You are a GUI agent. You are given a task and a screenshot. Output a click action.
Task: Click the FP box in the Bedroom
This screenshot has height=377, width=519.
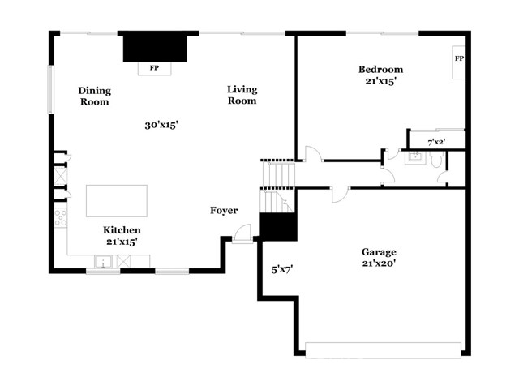[459, 62]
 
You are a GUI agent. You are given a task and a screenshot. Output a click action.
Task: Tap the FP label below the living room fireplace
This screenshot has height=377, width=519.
[154, 68]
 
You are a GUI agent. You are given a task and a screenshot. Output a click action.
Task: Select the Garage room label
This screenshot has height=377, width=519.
[379, 252]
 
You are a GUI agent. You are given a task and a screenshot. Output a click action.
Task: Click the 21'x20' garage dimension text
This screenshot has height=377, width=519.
[379, 263]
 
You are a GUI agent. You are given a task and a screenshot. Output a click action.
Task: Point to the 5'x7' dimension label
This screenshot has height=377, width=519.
[282, 270]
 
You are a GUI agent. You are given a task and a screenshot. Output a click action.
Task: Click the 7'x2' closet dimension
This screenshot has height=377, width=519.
[436, 143]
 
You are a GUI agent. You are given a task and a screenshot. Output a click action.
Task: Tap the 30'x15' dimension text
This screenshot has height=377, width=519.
[161, 125]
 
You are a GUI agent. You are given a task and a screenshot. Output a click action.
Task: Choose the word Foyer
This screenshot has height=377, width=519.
[224, 211]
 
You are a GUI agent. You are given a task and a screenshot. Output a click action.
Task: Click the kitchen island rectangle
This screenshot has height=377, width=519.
[117, 201]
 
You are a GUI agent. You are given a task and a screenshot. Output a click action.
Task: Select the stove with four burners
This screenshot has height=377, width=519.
[61, 218]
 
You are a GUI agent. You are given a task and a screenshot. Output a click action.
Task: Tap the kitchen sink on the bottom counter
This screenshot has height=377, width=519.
[103, 262]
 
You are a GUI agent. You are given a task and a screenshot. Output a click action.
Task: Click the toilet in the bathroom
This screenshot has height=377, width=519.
[436, 159]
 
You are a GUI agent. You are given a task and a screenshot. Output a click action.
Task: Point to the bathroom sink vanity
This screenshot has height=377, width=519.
[415, 157]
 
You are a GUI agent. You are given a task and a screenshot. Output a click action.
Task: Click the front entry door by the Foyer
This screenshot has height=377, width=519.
[242, 234]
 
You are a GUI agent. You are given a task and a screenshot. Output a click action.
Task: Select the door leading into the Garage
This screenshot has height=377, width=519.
[341, 195]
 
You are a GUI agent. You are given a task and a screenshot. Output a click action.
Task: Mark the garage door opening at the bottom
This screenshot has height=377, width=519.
[383, 350]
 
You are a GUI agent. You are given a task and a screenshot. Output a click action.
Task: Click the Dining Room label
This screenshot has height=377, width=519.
[95, 96]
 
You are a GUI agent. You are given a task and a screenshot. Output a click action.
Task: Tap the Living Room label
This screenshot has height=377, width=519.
[242, 95]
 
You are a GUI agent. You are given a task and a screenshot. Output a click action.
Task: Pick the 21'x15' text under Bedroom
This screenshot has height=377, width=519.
[381, 81]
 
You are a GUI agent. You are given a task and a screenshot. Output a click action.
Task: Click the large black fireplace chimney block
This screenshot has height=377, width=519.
[155, 47]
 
